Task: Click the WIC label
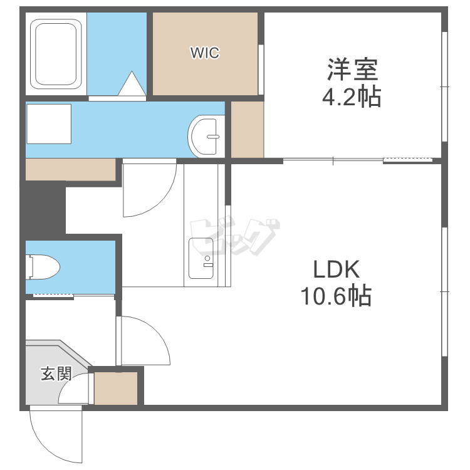point(205,53)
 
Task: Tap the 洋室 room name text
point(352,70)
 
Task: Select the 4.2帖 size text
point(352,97)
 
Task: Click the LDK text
point(336,269)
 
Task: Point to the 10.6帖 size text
point(336,296)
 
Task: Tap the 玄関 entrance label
point(56,373)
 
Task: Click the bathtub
point(56,55)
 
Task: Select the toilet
point(43,267)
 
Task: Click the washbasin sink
point(206,137)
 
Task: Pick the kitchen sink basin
point(201,258)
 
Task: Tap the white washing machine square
point(49,124)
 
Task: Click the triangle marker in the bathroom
point(132,83)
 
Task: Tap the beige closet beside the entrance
point(116,388)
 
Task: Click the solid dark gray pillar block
point(43,211)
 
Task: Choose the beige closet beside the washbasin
point(248,130)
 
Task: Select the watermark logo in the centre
point(235,237)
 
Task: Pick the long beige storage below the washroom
point(71,169)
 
